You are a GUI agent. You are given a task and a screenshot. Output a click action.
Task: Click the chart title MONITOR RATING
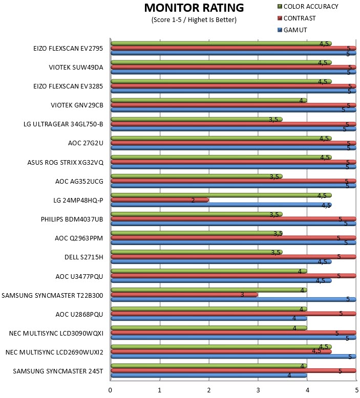point(194,8)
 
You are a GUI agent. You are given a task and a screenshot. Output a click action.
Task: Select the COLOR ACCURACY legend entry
point(308,6)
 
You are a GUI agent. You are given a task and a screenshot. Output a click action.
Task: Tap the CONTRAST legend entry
point(297,18)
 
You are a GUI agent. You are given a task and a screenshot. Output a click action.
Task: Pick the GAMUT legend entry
point(292,30)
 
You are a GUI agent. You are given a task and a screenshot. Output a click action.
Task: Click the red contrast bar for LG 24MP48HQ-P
point(160,200)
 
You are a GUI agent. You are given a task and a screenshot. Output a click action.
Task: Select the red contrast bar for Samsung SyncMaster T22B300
point(184,295)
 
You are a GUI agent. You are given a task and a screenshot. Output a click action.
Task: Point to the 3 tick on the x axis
point(258,390)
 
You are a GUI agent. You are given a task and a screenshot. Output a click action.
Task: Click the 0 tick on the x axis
point(110,390)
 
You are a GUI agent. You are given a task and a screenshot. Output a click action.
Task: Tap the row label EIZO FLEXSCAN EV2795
point(68,48)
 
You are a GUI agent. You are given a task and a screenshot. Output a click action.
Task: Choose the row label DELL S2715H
point(84,257)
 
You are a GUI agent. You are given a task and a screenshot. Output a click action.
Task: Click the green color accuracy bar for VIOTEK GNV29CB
point(209,100)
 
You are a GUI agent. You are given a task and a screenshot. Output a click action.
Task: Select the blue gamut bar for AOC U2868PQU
point(209,318)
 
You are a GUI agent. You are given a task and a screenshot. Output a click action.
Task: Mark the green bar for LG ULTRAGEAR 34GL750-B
point(197,119)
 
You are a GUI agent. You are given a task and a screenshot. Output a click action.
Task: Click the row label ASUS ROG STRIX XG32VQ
point(66,162)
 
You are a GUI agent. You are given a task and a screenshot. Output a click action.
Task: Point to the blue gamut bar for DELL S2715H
point(221,261)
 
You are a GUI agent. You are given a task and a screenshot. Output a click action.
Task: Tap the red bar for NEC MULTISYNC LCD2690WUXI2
point(221,351)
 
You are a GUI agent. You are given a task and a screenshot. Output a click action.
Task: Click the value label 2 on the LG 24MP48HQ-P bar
point(193,200)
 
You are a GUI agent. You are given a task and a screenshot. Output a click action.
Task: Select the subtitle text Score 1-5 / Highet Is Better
point(194,20)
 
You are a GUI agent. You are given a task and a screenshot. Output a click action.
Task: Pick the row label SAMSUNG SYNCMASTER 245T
point(58,371)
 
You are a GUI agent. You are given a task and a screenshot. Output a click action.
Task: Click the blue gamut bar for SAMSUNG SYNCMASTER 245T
point(209,375)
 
